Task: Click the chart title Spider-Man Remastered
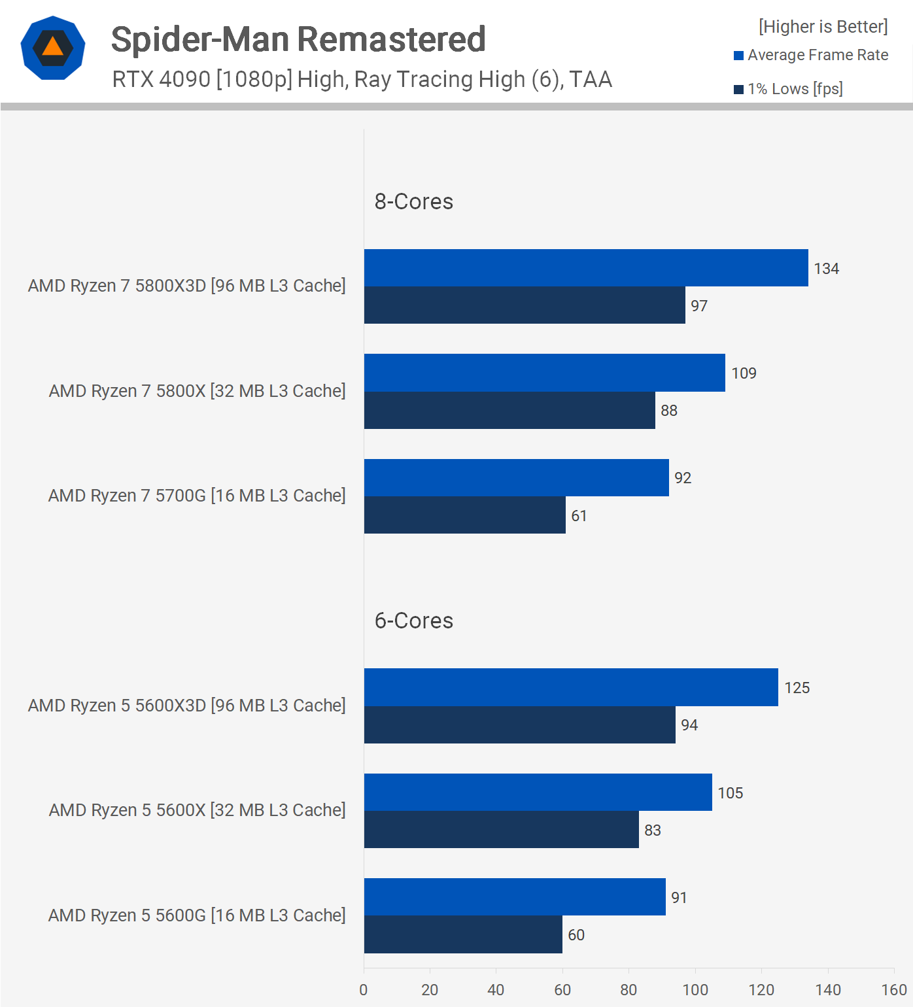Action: coord(298,39)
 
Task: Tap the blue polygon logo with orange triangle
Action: coord(53,48)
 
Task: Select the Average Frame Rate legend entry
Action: coord(811,55)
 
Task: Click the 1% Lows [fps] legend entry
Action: coord(788,89)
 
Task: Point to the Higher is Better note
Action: coord(823,27)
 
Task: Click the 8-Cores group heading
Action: coord(413,201)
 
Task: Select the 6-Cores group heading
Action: coord(413,621)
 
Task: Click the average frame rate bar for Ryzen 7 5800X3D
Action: coord(585,267)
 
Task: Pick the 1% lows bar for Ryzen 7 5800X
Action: coord(509,411)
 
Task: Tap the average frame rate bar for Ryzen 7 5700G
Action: coord(516,478)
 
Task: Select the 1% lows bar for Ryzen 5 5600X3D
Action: coord(519,725)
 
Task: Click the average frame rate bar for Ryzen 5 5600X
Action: coord(538,793)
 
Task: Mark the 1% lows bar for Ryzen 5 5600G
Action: coord(462,934)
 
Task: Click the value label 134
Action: coord(826,269)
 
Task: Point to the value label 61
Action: coord(579,516)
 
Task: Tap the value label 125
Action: coord(797,688)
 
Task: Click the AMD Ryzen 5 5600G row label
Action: coord(197,915)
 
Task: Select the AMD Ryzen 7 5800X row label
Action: coord(197,391)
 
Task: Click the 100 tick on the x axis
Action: coord(695,990)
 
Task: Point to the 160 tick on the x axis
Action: coord(893,990)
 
